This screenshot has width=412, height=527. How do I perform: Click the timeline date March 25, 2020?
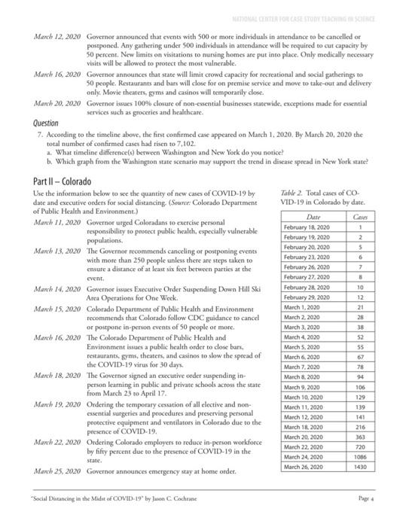pyautogui.click(x=57, y=471)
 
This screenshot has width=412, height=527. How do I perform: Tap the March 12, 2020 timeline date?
pyautogui.click(x=57, y=35)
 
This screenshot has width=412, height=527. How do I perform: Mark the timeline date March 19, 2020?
pyautogui.click(x=57, y=404)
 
